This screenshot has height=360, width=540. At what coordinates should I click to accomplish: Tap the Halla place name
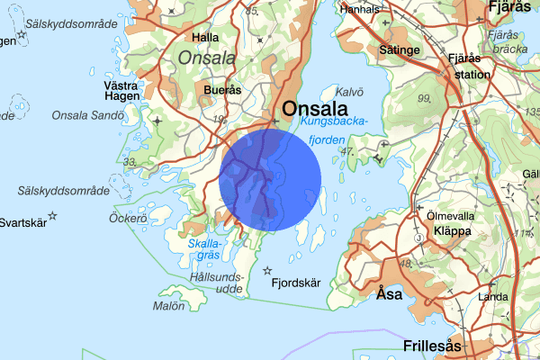tap(206, 38)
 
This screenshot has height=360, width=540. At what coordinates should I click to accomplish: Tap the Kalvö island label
tap(347, 91)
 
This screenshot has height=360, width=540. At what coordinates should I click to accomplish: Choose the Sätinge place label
tap(400, 50)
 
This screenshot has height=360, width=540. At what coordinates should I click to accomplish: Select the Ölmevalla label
tap(451, 216)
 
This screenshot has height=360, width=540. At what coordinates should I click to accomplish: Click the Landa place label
tap(493, 296)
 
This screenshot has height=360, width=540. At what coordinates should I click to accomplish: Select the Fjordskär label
tap(296, 283)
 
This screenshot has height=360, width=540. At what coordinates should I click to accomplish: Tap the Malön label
tap(168, 306)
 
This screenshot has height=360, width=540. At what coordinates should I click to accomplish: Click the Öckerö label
tap(127, 218)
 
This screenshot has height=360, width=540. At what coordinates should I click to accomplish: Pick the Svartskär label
tap(22, 223)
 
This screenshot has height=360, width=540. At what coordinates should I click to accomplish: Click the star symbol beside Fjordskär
tap(266, 270)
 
